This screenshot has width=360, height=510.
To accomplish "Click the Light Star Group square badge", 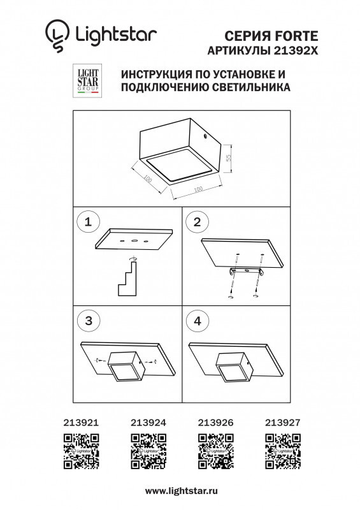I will pyautogui.click(x=87, y=80).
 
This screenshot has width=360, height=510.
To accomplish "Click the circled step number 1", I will pyautogui.click(x=89, y=222).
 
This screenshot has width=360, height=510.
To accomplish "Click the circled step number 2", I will pyautogui.click(x=197, y=222).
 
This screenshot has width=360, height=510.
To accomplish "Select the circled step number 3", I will pyautogui.click(x=89, y=321).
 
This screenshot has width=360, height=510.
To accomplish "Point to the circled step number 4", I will pyautogui.click(x=197, y=321).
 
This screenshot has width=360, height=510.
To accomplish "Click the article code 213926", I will pyautogui.click(x=215, y=421).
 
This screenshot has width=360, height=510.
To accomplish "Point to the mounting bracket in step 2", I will pyautogui.click(x=248, y=273).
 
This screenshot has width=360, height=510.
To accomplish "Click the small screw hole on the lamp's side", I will pyautogui.click(x=205, y=136).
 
